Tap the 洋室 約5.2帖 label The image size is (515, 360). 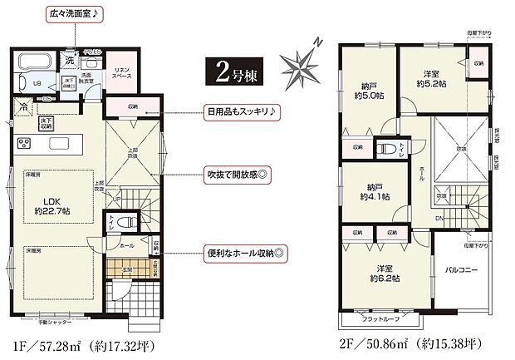click(x=433, y=77)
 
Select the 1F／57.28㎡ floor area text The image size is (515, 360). click(x=79, y=343)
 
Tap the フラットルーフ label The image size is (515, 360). click(x=381, y=318)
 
